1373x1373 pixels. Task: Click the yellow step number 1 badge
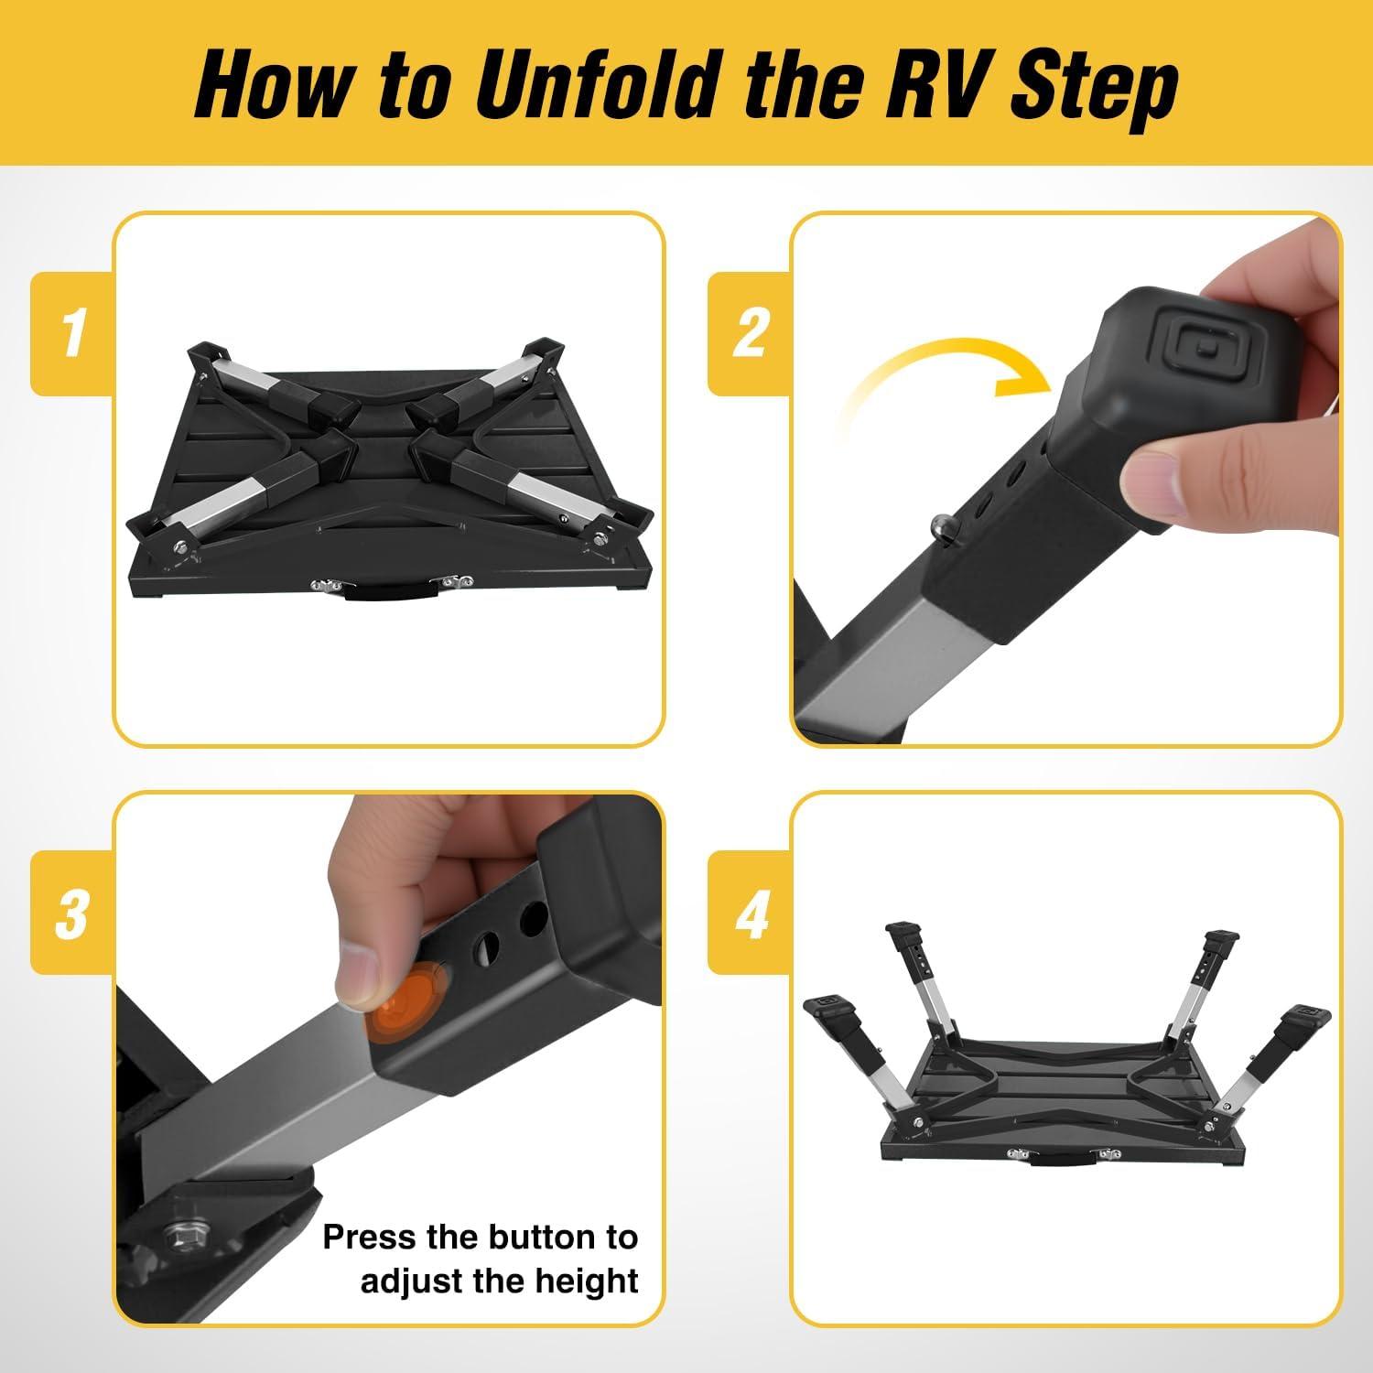click(73, 334)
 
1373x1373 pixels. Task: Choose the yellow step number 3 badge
click(73, 913)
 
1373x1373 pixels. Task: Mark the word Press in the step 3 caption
click(368, 1238)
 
